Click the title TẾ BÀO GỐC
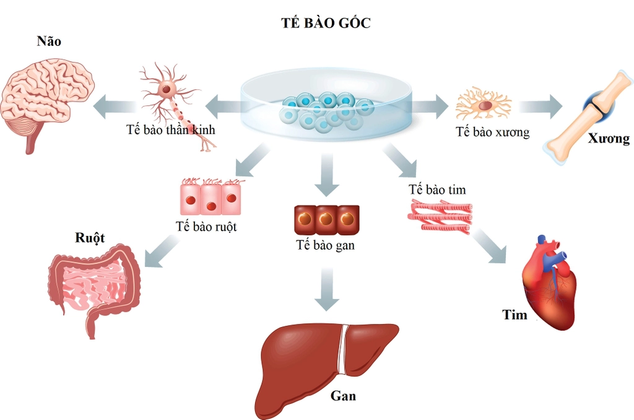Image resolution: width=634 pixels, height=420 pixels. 326,24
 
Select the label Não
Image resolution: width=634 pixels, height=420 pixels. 49,42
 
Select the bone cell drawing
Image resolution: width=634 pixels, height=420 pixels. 484,105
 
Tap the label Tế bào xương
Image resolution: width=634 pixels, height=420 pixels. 492,132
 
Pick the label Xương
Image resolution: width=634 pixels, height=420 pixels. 609,139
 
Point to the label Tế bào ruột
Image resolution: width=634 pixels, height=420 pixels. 206,227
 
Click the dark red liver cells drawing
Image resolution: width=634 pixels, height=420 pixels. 325,220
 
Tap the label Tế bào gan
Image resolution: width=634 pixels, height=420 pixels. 325,245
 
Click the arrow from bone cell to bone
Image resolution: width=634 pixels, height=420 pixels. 539,107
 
